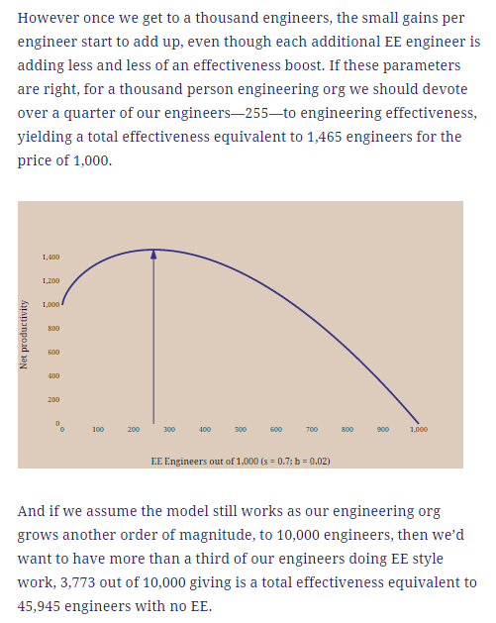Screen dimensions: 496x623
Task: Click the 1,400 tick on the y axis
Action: pos(50,258)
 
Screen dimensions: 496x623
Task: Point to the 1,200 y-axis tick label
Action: pos(50,281)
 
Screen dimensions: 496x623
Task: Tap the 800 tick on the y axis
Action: pos(53,328)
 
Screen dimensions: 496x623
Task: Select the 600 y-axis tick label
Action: pos(53,352)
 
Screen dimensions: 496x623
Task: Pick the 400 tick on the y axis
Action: pos(53,375)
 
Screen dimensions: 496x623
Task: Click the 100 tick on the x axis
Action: pos(98,430)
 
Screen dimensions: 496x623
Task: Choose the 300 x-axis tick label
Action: pos(169,430)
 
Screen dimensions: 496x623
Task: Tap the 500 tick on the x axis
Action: pos(241,430)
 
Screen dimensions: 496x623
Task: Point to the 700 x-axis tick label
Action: pos(312,430)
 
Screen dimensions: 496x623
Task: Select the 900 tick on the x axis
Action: pos(383,430)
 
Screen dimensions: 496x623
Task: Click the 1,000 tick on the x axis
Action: pos(419,430)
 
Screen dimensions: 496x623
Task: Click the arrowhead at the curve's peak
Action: pos(153,254)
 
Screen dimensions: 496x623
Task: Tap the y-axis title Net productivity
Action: pos(24,334)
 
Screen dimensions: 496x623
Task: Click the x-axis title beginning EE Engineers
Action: pos(241,462)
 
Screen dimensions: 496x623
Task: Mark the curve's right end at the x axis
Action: pos(418,423)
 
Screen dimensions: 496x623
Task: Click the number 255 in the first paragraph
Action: pos(257,113)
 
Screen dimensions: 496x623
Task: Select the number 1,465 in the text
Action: pos(325,137)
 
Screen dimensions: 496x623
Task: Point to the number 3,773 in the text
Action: pos(78,582)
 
